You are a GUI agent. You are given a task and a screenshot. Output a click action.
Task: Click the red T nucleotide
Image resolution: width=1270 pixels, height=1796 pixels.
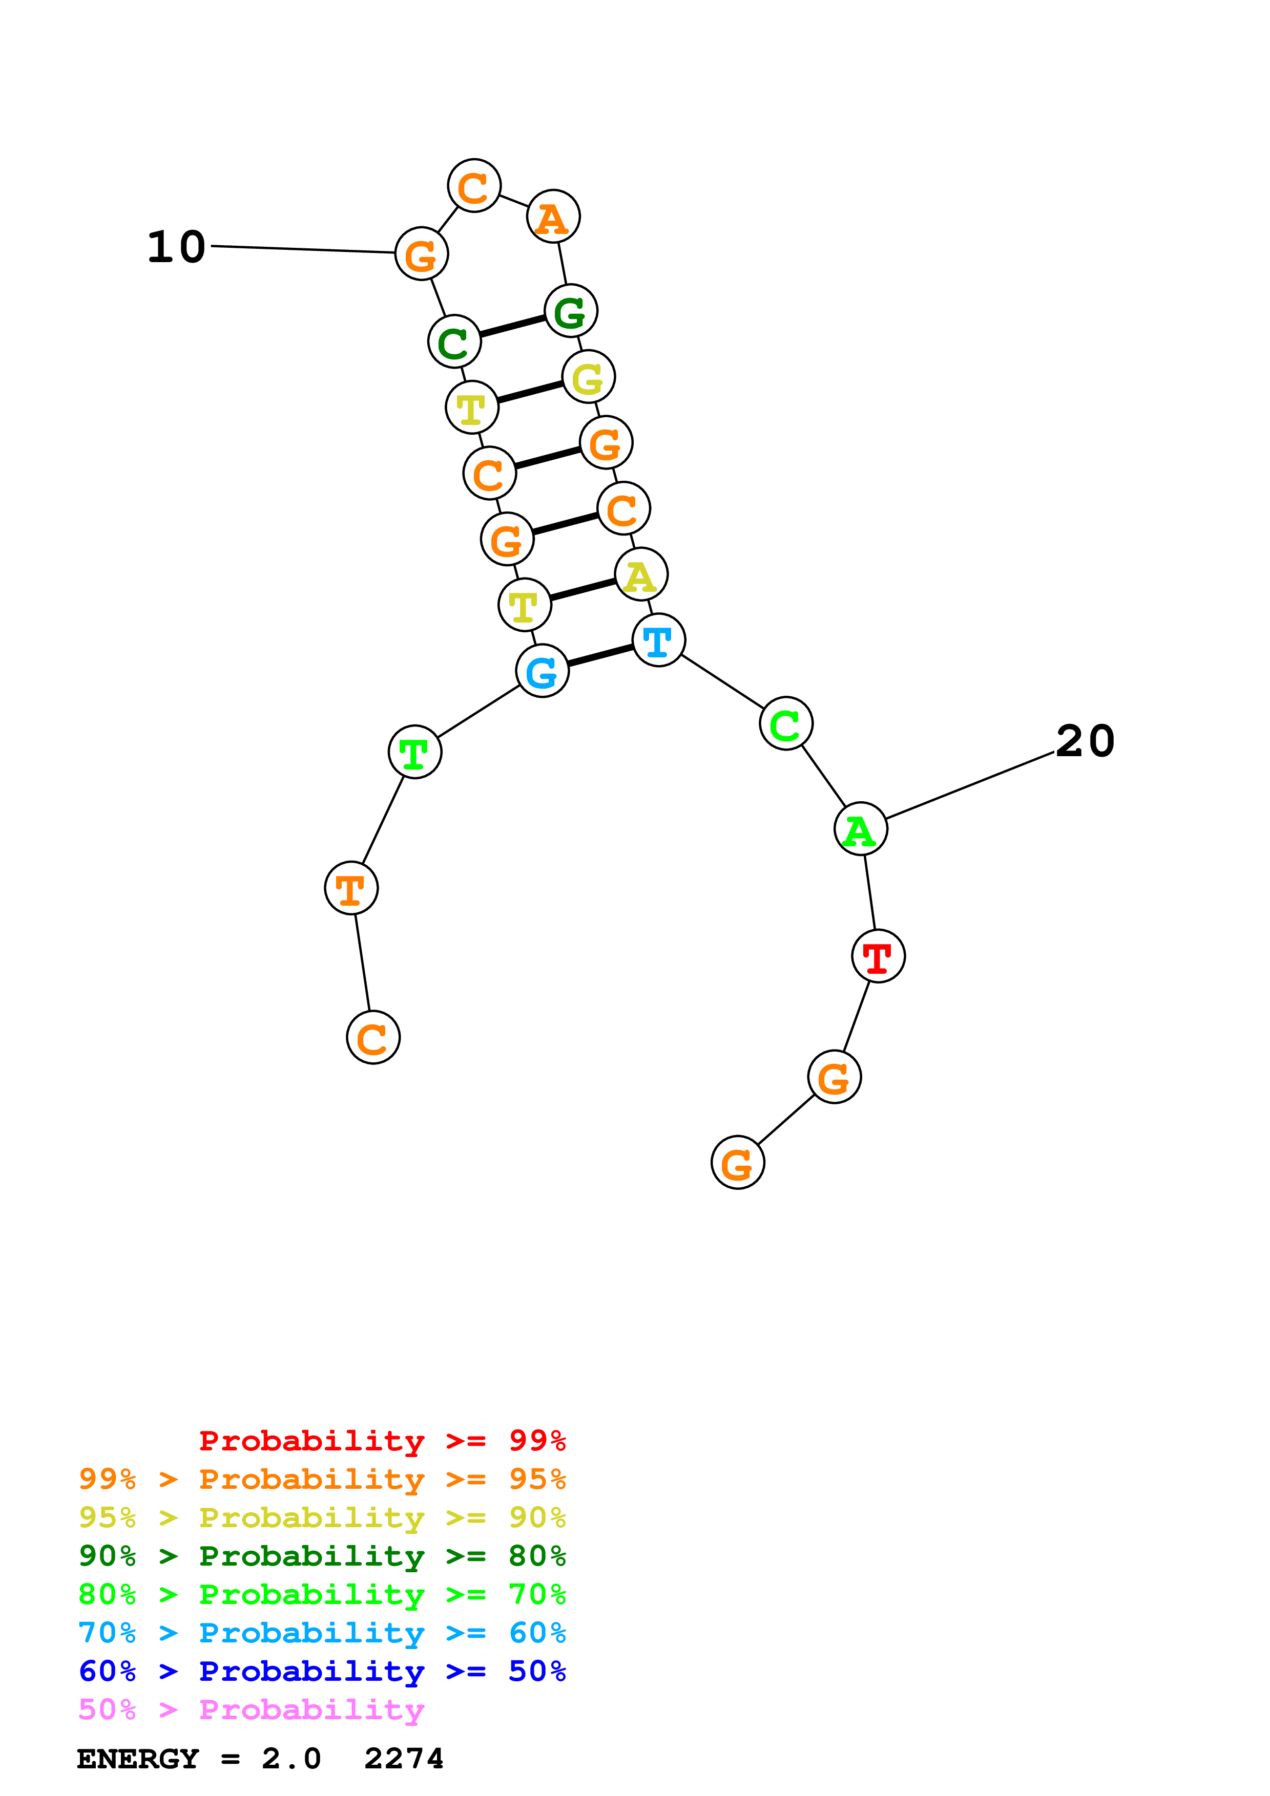878,956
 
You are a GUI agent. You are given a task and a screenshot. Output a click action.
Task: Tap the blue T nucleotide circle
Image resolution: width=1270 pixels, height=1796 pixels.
659,640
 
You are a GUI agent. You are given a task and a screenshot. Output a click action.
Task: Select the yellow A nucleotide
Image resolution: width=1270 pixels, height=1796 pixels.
641,575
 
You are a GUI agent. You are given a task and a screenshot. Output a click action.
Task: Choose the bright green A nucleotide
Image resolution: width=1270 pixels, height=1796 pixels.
861,829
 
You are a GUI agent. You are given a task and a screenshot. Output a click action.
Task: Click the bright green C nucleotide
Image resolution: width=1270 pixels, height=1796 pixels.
786,723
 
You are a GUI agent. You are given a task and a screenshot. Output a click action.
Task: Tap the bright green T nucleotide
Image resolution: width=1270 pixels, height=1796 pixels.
415,752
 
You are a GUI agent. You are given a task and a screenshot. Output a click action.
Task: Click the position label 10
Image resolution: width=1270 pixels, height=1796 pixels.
177,247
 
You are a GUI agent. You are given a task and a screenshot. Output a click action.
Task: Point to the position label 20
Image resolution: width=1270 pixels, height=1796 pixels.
1085,741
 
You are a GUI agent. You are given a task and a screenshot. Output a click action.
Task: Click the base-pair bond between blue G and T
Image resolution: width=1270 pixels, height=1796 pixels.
601,655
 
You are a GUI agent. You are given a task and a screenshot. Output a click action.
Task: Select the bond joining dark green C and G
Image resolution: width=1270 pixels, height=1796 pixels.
512,326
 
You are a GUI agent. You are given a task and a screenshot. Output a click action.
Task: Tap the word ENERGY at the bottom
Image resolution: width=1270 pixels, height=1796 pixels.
138,1759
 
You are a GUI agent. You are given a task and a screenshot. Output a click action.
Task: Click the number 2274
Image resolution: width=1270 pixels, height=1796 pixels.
404,1759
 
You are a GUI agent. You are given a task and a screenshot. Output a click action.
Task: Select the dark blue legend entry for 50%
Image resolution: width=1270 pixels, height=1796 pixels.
322,1671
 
